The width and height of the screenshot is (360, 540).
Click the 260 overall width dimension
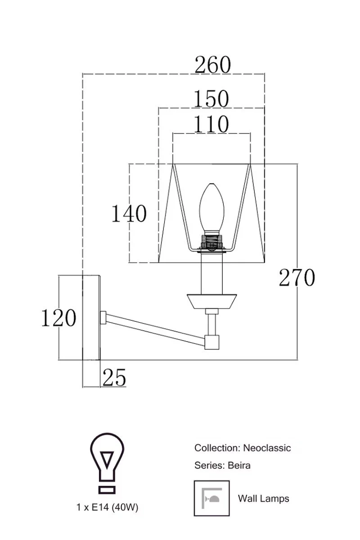pyautogui.click(x=213, y=65)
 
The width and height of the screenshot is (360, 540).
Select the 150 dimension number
pyautogui.click(x=211, y=99)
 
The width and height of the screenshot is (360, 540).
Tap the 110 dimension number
pyautogui.click(x=211, y=124)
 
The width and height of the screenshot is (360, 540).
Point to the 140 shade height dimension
pyautogui.click(x=129, y=213)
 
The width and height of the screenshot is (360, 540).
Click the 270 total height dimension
pyautogui.click(x=297, y=278)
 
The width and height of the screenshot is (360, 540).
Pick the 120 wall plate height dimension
pyautogui.click(x=59, y=318)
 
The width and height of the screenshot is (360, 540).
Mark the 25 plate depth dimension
pyautogui.click(x=114, y=377)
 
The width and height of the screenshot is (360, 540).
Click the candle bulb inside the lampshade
pyautogui.click(x=211, y=207)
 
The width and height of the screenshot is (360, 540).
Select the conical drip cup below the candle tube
pyautogui.click(x=211, y=301)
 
